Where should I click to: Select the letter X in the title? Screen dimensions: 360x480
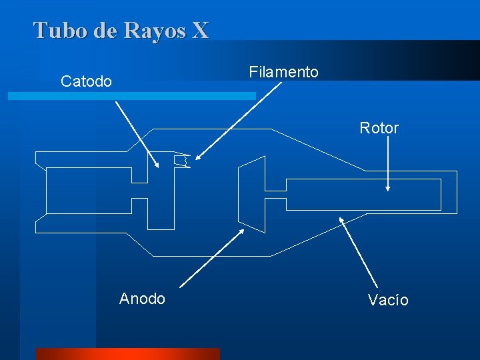coord(199,30)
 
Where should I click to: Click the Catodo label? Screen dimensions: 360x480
coord(86,81)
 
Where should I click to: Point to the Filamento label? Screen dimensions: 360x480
coord(283,71)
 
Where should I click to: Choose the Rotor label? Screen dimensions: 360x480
coord(379,128)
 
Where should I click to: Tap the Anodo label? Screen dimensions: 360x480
coord(142,298)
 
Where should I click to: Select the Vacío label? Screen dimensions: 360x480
coord(388,300)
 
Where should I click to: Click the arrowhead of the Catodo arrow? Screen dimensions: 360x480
coord(157,166)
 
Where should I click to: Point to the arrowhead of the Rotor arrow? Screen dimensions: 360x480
coord(387,189)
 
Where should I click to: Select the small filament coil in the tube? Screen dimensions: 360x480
coord(182,161)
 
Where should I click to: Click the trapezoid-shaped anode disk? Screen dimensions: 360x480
coord(252,193)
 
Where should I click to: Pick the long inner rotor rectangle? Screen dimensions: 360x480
coord(363,193)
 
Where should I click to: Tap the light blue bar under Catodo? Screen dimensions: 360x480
coord(131,96)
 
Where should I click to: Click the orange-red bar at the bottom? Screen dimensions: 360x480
coord(127,354)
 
